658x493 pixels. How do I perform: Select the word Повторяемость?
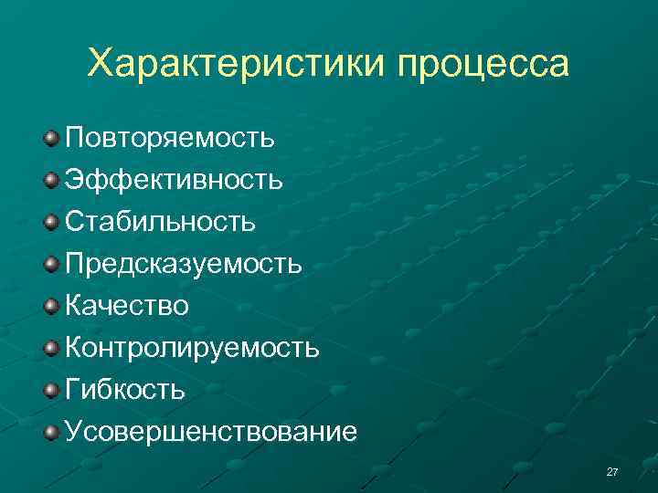tap(169, 139)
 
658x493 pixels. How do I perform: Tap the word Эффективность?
tap(174, 180)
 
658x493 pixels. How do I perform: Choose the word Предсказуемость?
tap(183, 265)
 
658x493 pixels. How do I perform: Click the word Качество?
tap(127, 306)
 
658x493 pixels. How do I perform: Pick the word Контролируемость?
tap(192, 348)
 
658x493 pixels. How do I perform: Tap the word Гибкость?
tap(125, 390)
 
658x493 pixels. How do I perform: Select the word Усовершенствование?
tap(211, 431)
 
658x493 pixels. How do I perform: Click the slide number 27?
tap(612, 472)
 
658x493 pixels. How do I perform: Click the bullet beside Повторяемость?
tap(51, 138)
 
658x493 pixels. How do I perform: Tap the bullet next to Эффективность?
tap(51, 180)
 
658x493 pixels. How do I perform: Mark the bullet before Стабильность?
tap(51, 222)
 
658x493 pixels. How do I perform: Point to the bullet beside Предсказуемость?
tap(51, 264)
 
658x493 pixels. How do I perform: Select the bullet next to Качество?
tap(51, 306)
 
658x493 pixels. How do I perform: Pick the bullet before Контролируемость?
tap(51, 348)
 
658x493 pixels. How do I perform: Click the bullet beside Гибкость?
tap(51, 390)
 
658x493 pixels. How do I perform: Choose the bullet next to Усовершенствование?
tap(51, 431)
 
